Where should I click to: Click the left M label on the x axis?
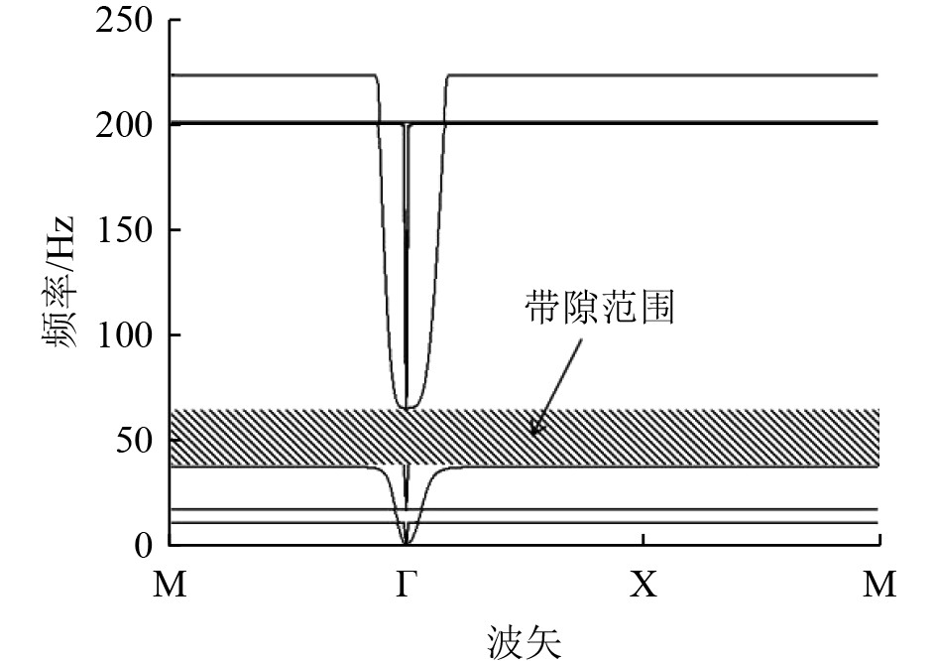(170, 585)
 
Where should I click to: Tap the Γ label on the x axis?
(406, 585)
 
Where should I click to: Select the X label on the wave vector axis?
(644, 585)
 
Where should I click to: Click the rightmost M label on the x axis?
(879, 585)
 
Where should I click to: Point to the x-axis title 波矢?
(525, 639)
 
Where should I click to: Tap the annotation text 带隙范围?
(599, 310)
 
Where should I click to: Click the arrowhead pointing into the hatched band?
(535, 431)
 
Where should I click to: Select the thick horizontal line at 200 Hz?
(644, 123)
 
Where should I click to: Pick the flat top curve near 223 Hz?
(644, 75)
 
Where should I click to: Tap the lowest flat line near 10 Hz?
(644, 522)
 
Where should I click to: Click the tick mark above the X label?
(644, 539)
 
